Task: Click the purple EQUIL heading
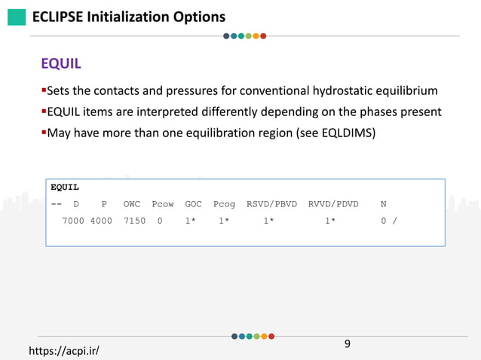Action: pyautogui.click(x=61, y=63)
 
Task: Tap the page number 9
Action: pyautogui.click(x=348, y=344)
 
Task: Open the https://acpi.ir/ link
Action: pyautogui.click(x=64, y=351)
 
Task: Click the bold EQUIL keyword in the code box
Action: pyautogui.click(x=65, y=187)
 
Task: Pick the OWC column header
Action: pyautogui.click(x=132, y=204)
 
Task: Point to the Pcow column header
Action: pyautogui.click(x=163, y=204)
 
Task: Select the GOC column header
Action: pyautogui.click(x=194, y=204)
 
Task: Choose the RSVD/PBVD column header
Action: pyautogui.click(x=271, y=204)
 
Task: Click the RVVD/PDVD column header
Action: pyautogui.click(x=333, y=204)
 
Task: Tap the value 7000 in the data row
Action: pyautogui.click(x=73, y=221)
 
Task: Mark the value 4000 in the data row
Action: pyautogui.click(x=101, y=221)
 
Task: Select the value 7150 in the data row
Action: pyautogui.click(x=134, y=221)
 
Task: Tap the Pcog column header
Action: pyautogui.click(x=224, y=204)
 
